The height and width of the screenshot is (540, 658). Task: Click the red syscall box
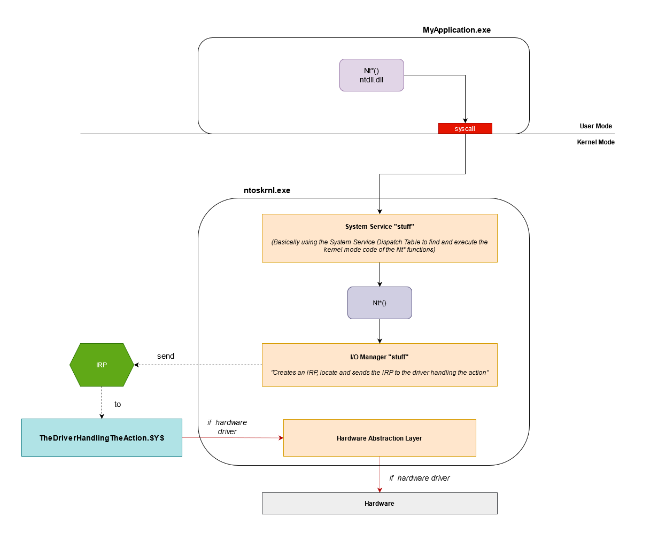[x=465, y=128]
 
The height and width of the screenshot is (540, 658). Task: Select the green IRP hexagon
[x=102, y=365]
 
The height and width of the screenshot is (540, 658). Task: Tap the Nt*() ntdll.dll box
[x=371, y=75]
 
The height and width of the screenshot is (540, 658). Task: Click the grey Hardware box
[x=380, y=503]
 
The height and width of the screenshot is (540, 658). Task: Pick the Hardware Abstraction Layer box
[x=380, y=438]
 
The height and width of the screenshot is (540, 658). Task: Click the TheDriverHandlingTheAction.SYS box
[x=102, y=438]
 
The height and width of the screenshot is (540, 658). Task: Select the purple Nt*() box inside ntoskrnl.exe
[x=380, y=303]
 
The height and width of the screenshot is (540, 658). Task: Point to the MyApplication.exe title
[x=456, y=30]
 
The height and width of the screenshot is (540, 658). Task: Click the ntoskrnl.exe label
[x=267, y=190]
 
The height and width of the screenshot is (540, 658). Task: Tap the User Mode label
[x=595, y=126]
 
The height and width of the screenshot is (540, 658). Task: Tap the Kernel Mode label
[x=595, y=142]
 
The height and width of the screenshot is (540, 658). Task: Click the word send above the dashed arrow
[x=166, y=356]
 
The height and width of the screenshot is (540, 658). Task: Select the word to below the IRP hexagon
[x=118, y=404]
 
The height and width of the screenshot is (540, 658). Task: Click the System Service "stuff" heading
[x=380, y=227]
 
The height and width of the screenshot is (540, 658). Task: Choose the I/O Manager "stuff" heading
[x=380, y=357]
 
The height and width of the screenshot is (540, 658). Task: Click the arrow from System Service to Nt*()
[x=380, y=274]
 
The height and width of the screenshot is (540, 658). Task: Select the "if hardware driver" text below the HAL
[x=420, y=478]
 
